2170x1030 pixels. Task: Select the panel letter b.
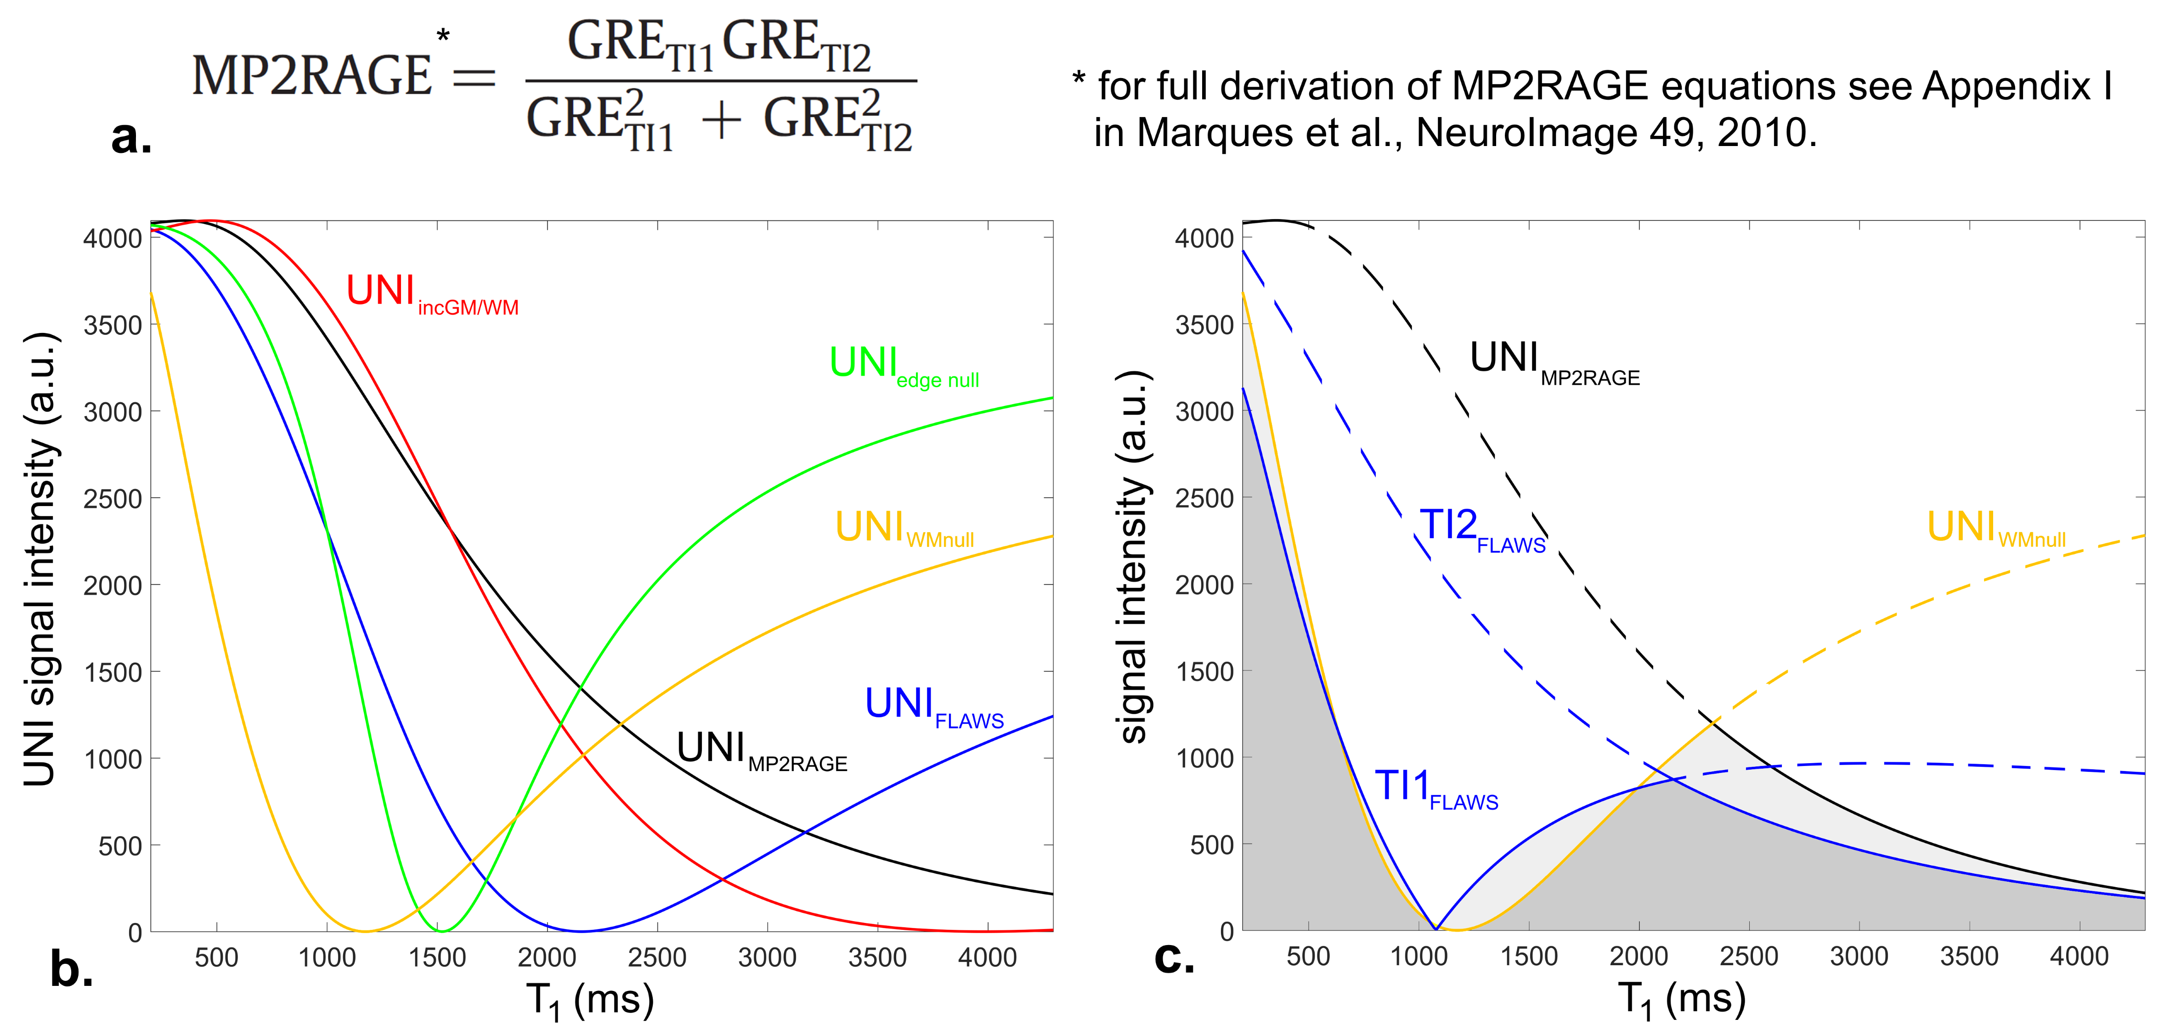coord(72,969)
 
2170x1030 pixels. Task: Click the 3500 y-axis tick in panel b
coord(112,325)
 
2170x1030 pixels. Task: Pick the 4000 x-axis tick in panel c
coord(2079,957)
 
